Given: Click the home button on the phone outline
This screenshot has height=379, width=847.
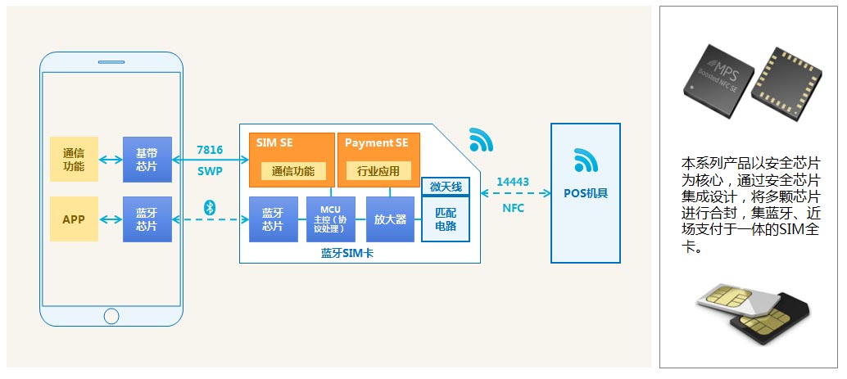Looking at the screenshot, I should (x=111, y=314).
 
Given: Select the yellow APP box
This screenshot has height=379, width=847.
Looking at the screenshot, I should (x=74, y=219).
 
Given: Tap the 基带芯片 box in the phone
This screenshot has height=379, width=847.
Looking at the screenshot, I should (x=147, y=159).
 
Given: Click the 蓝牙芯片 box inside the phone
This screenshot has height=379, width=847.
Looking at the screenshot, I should (x=147, y=219).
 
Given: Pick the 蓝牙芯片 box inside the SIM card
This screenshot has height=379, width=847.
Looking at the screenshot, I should (x=273, y=219).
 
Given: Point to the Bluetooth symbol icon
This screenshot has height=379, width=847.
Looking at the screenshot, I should (x=209, y=206).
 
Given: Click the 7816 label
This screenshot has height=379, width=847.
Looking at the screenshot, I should (x=210, y=151).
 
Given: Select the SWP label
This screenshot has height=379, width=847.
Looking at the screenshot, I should (x=210, y=172).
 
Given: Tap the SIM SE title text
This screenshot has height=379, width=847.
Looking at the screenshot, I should (x=275, y=143).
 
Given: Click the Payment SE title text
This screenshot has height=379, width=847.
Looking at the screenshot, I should (x=376, y=143).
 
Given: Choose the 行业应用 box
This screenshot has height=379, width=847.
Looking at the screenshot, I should (x=378, y=171).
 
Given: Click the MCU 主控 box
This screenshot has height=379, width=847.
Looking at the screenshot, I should (x=331, y=219).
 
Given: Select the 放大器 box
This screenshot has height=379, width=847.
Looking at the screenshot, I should (x=390, y=219).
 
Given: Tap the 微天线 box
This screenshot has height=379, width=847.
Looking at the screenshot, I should (x=446, y=187).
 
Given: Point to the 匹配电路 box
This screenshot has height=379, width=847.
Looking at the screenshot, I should (x=446, y=219).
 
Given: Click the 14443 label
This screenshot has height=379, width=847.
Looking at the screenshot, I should (x=513, y=181).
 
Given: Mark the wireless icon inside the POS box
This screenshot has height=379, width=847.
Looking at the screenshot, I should (x=585, y=160).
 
